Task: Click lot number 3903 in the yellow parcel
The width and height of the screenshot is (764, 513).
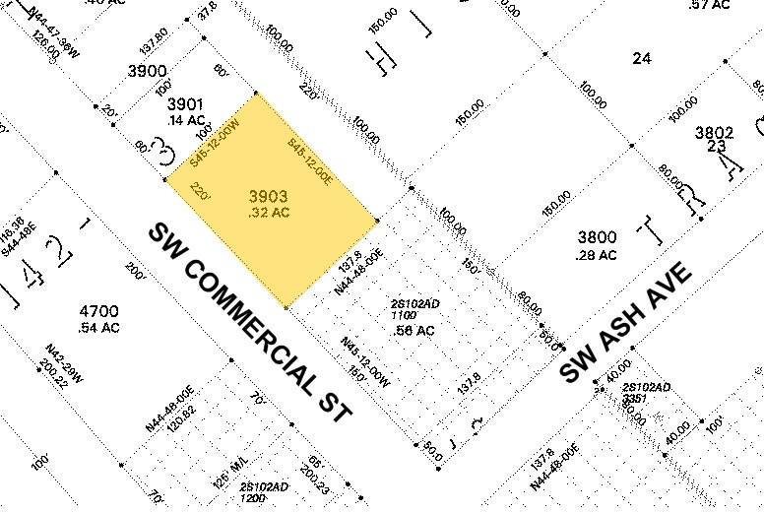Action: (269, 196)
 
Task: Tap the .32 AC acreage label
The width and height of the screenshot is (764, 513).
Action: (269, 211)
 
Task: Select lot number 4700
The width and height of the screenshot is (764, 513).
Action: (97, 311)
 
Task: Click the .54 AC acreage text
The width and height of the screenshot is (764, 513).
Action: (97, 327)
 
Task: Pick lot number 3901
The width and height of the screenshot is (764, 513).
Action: (185, 104)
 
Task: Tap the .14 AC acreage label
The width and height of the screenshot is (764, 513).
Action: (185, 120)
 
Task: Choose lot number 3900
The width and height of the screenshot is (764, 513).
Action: (147, 71)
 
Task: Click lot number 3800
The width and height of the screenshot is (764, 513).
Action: (597, 237)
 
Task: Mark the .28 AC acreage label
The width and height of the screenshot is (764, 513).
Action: (597, 255)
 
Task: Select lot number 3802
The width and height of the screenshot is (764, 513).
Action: (715, 132)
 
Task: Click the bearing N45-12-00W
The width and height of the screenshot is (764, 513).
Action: (364, 358)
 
